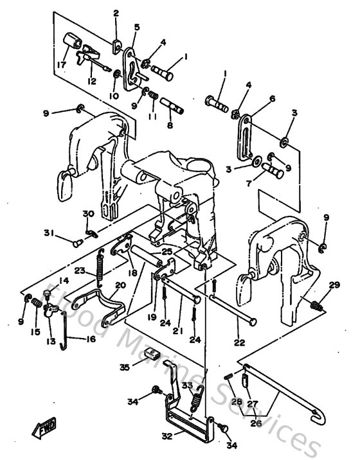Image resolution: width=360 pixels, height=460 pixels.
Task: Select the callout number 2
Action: [116, 13]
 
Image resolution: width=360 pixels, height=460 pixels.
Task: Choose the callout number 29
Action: [334, 285]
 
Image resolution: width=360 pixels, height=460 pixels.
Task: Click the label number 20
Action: [120, 285]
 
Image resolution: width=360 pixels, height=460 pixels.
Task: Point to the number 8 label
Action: [170, 127]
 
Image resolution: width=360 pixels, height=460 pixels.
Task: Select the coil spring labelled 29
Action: [315, 305]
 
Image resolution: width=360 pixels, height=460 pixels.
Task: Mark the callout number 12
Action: [91, 82]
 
